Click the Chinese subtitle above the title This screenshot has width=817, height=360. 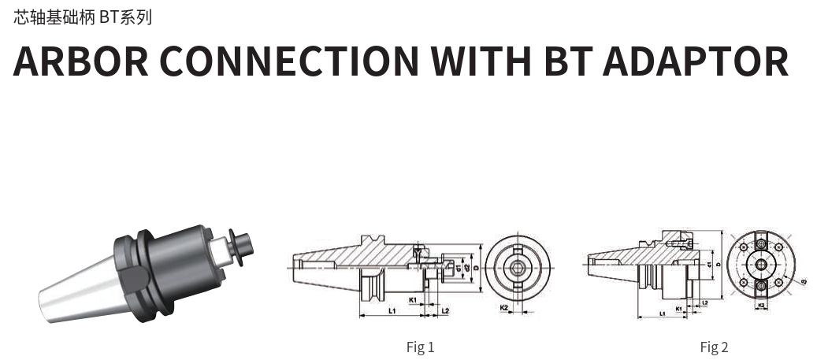(x=83, y=17)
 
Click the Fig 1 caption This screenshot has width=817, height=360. (x=420, y=347)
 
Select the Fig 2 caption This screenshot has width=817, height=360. (x=714, y=347)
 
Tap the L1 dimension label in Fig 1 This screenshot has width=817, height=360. (x=392, y=311)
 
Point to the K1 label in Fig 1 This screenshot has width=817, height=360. (x=413, y=300)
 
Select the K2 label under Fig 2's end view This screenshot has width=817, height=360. (x=761, y=303)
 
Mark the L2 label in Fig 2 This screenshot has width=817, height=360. (x=704, y=302)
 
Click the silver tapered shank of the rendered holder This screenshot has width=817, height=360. (x=75, y=295)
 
